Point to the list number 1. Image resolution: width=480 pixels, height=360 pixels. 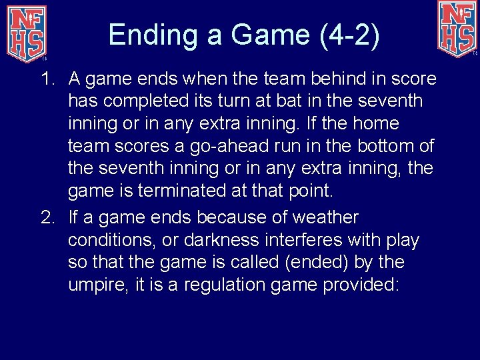tap(47, 79)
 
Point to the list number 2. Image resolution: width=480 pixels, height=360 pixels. tap(47, 218)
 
